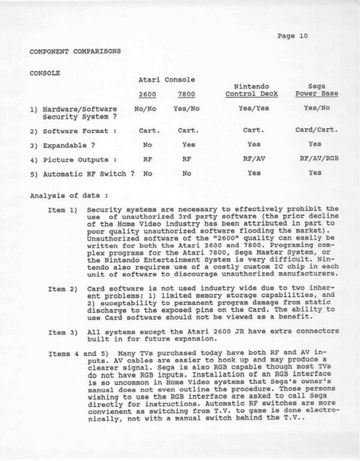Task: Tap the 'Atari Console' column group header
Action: [168, 80]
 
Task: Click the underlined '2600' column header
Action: [144, 94]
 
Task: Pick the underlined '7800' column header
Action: [188, 94]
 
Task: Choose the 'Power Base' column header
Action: [315, 94]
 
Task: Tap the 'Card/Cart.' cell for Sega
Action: [316, 129]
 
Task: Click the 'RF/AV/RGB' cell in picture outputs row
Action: [317, 158]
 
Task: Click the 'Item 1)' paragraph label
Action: [62, 209]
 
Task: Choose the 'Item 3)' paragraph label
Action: [62, 331]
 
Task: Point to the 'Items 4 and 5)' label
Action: [72, 351]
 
